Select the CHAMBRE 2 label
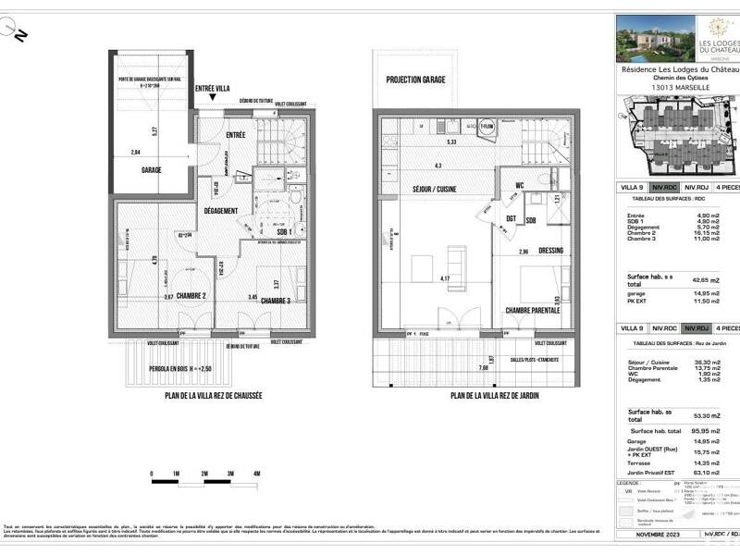[x=186, y=296]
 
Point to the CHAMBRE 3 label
[x=278, y=301]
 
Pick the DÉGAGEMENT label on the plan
[x=222, y=210]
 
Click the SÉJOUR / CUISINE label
[x=423, y=188]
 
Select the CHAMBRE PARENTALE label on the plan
[x=532, y=310]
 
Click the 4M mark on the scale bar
[x=256, y=474]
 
